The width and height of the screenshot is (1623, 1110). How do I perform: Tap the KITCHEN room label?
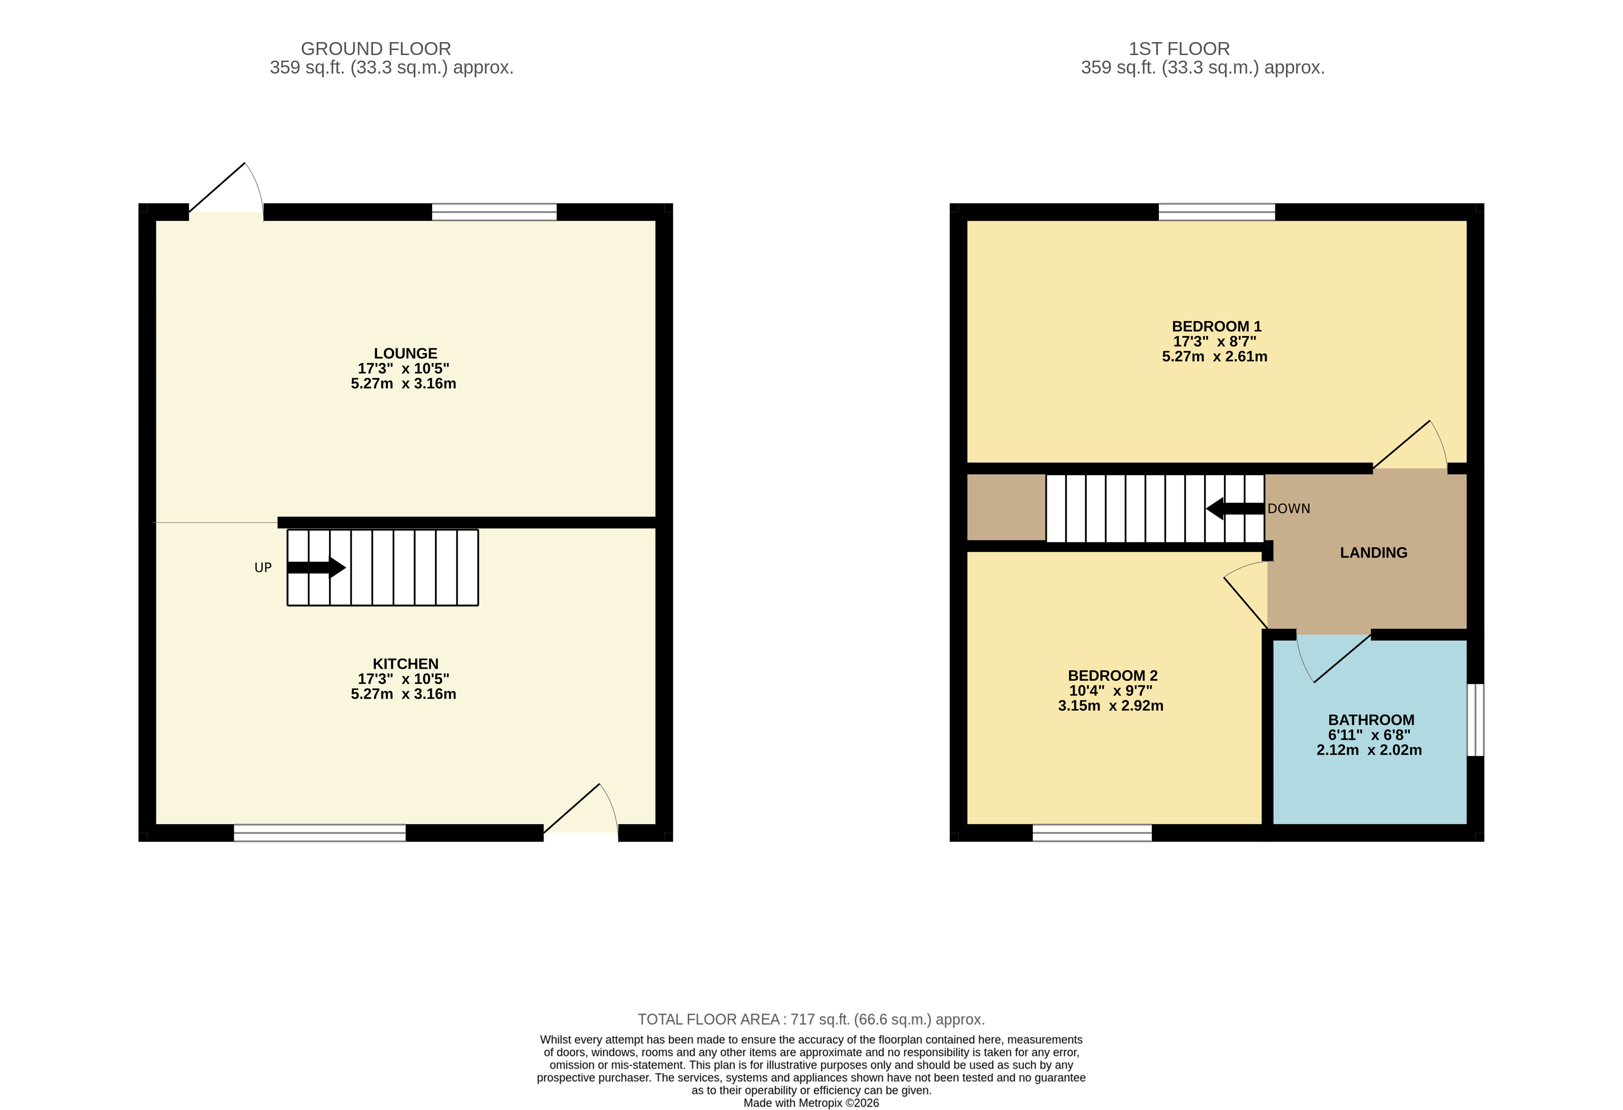[405, 664]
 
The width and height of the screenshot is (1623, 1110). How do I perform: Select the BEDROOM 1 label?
[1216, 327]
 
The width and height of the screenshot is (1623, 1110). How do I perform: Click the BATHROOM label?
[1370, 720]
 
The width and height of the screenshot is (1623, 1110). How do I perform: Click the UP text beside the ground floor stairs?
[262, 568]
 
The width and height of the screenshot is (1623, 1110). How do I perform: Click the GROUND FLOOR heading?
[376, 49]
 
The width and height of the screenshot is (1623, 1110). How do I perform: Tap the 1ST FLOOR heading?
[1179, 49]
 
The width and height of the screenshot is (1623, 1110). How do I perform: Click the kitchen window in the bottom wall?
[319, 833]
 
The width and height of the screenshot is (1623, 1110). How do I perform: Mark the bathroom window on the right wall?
[1474, 720]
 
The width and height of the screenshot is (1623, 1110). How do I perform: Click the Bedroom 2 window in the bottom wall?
[1092, 833]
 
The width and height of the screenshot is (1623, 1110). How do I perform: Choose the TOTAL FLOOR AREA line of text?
[811, 1019]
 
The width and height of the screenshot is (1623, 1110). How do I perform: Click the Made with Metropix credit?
[811, 1103]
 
